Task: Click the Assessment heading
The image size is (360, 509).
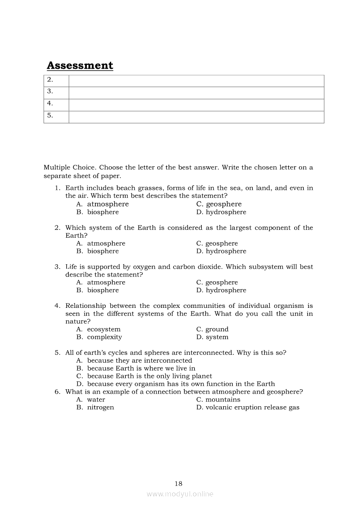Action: point(80,66)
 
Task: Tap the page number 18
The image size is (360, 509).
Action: point(178,483)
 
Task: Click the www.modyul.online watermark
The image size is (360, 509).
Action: point(180,494)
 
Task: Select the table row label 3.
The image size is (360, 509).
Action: point(50,91)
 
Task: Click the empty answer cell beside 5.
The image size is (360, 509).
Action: point(196,117)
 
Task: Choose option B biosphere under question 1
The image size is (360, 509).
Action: point(102,212)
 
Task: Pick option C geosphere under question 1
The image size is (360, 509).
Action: point(223,204)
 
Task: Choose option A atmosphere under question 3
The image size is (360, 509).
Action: point(106,283)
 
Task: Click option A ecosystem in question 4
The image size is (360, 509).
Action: point(103,329)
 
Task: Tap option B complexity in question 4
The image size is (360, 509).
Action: point(104,337)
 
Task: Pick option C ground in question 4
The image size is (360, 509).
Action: point(217,329)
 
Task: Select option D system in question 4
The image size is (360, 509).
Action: point(217,337)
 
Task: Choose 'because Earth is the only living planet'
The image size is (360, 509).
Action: point(149,376)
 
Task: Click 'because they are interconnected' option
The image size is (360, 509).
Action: point(139,361)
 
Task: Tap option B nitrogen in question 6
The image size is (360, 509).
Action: point(100,408)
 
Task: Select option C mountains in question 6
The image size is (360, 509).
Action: point(223,400)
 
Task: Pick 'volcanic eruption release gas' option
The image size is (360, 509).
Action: point(252,408)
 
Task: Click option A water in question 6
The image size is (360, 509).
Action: point(96,400)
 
